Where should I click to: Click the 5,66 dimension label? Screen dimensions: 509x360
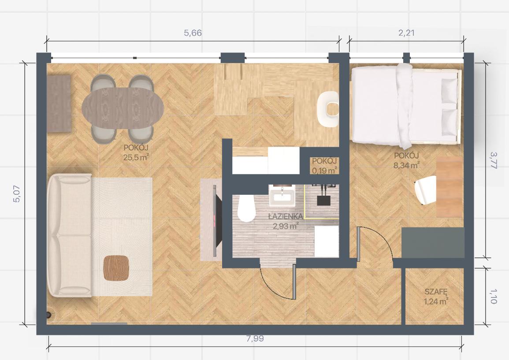coord(193,33)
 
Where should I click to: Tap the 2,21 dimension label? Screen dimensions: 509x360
coord(406,33)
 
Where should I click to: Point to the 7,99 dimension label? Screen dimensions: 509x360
coord(255,338)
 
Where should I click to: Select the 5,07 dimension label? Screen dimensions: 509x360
coord(17,194)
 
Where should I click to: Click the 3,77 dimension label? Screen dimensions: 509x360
coord(493,160)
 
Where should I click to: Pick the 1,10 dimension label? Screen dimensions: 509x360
coord(493,297)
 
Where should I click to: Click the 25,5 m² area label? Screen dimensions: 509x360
coord(136,158)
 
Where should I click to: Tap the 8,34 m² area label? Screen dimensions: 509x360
coord(406,166)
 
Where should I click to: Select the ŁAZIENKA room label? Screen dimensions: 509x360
coord(286,216)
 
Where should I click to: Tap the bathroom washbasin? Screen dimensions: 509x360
coord(282,196)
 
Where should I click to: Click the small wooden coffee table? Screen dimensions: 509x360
coord(116,268)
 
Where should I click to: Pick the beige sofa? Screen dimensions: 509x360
coord(70,235)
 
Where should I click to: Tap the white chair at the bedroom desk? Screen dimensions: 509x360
coord(426,190)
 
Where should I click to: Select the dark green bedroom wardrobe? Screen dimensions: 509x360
coord(433,242)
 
